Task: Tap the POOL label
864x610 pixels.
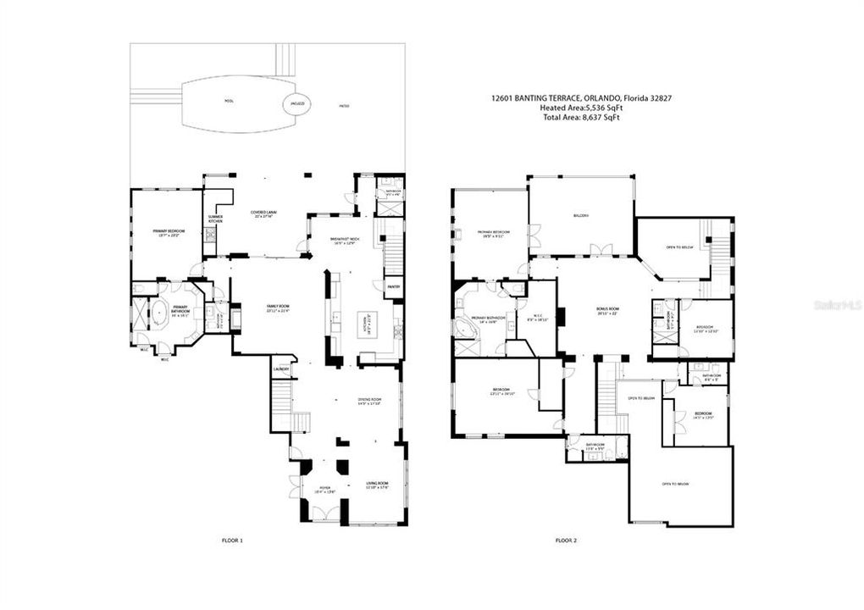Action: click(x=228, y=101)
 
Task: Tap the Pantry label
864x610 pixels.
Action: click(x=394, y=287)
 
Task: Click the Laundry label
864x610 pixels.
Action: click(x=282, y=369)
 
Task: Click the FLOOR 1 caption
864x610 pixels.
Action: click(x=231, y=540)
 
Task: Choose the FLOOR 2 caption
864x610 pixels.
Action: click(x=566, y=540)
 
